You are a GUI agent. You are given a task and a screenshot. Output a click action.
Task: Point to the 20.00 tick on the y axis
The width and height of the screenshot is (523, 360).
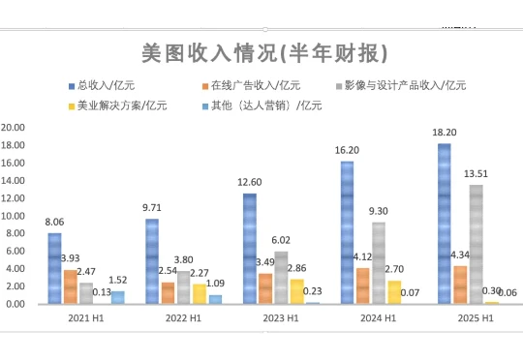14,127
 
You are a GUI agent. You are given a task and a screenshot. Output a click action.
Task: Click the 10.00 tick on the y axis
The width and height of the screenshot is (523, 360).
14,216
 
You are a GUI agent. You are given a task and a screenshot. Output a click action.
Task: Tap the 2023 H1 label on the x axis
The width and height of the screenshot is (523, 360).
281,317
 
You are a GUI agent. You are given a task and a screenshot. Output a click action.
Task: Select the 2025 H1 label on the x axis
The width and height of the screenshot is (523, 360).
477,317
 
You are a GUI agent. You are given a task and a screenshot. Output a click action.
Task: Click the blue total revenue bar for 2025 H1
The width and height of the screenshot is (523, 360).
444,224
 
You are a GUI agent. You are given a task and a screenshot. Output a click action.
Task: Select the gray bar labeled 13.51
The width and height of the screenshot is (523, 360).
476,244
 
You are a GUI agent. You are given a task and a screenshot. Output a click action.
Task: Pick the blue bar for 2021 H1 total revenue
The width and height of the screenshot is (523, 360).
54,268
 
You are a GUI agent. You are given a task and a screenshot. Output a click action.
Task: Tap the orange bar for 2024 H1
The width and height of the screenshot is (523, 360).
362,285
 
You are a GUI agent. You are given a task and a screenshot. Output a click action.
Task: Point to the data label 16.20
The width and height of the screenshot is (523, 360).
346,151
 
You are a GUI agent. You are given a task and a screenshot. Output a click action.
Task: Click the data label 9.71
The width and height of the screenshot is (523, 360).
151,208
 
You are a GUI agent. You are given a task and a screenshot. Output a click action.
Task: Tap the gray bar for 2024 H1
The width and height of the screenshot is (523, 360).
378,262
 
